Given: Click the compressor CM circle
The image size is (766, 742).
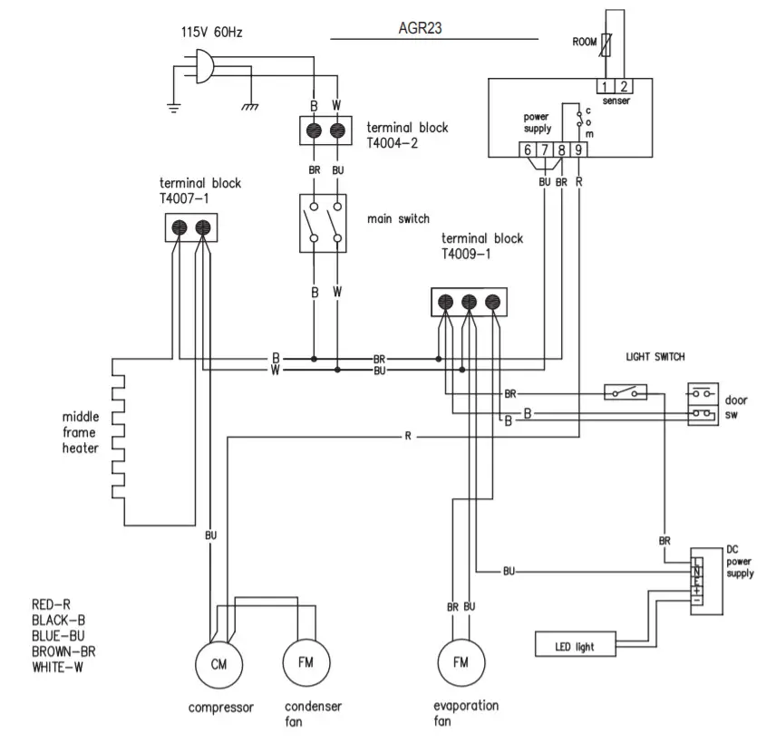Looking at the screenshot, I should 218,664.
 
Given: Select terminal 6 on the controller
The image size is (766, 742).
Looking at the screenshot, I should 527,150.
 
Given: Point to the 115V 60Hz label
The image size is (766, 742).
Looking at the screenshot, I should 211,33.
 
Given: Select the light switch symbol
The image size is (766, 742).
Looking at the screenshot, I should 626,392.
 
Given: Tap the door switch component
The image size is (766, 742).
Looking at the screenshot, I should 703,403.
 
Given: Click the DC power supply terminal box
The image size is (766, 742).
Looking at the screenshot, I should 696,581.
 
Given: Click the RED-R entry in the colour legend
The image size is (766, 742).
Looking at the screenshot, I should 51,604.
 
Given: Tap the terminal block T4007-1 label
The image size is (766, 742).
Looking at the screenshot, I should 200,190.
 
